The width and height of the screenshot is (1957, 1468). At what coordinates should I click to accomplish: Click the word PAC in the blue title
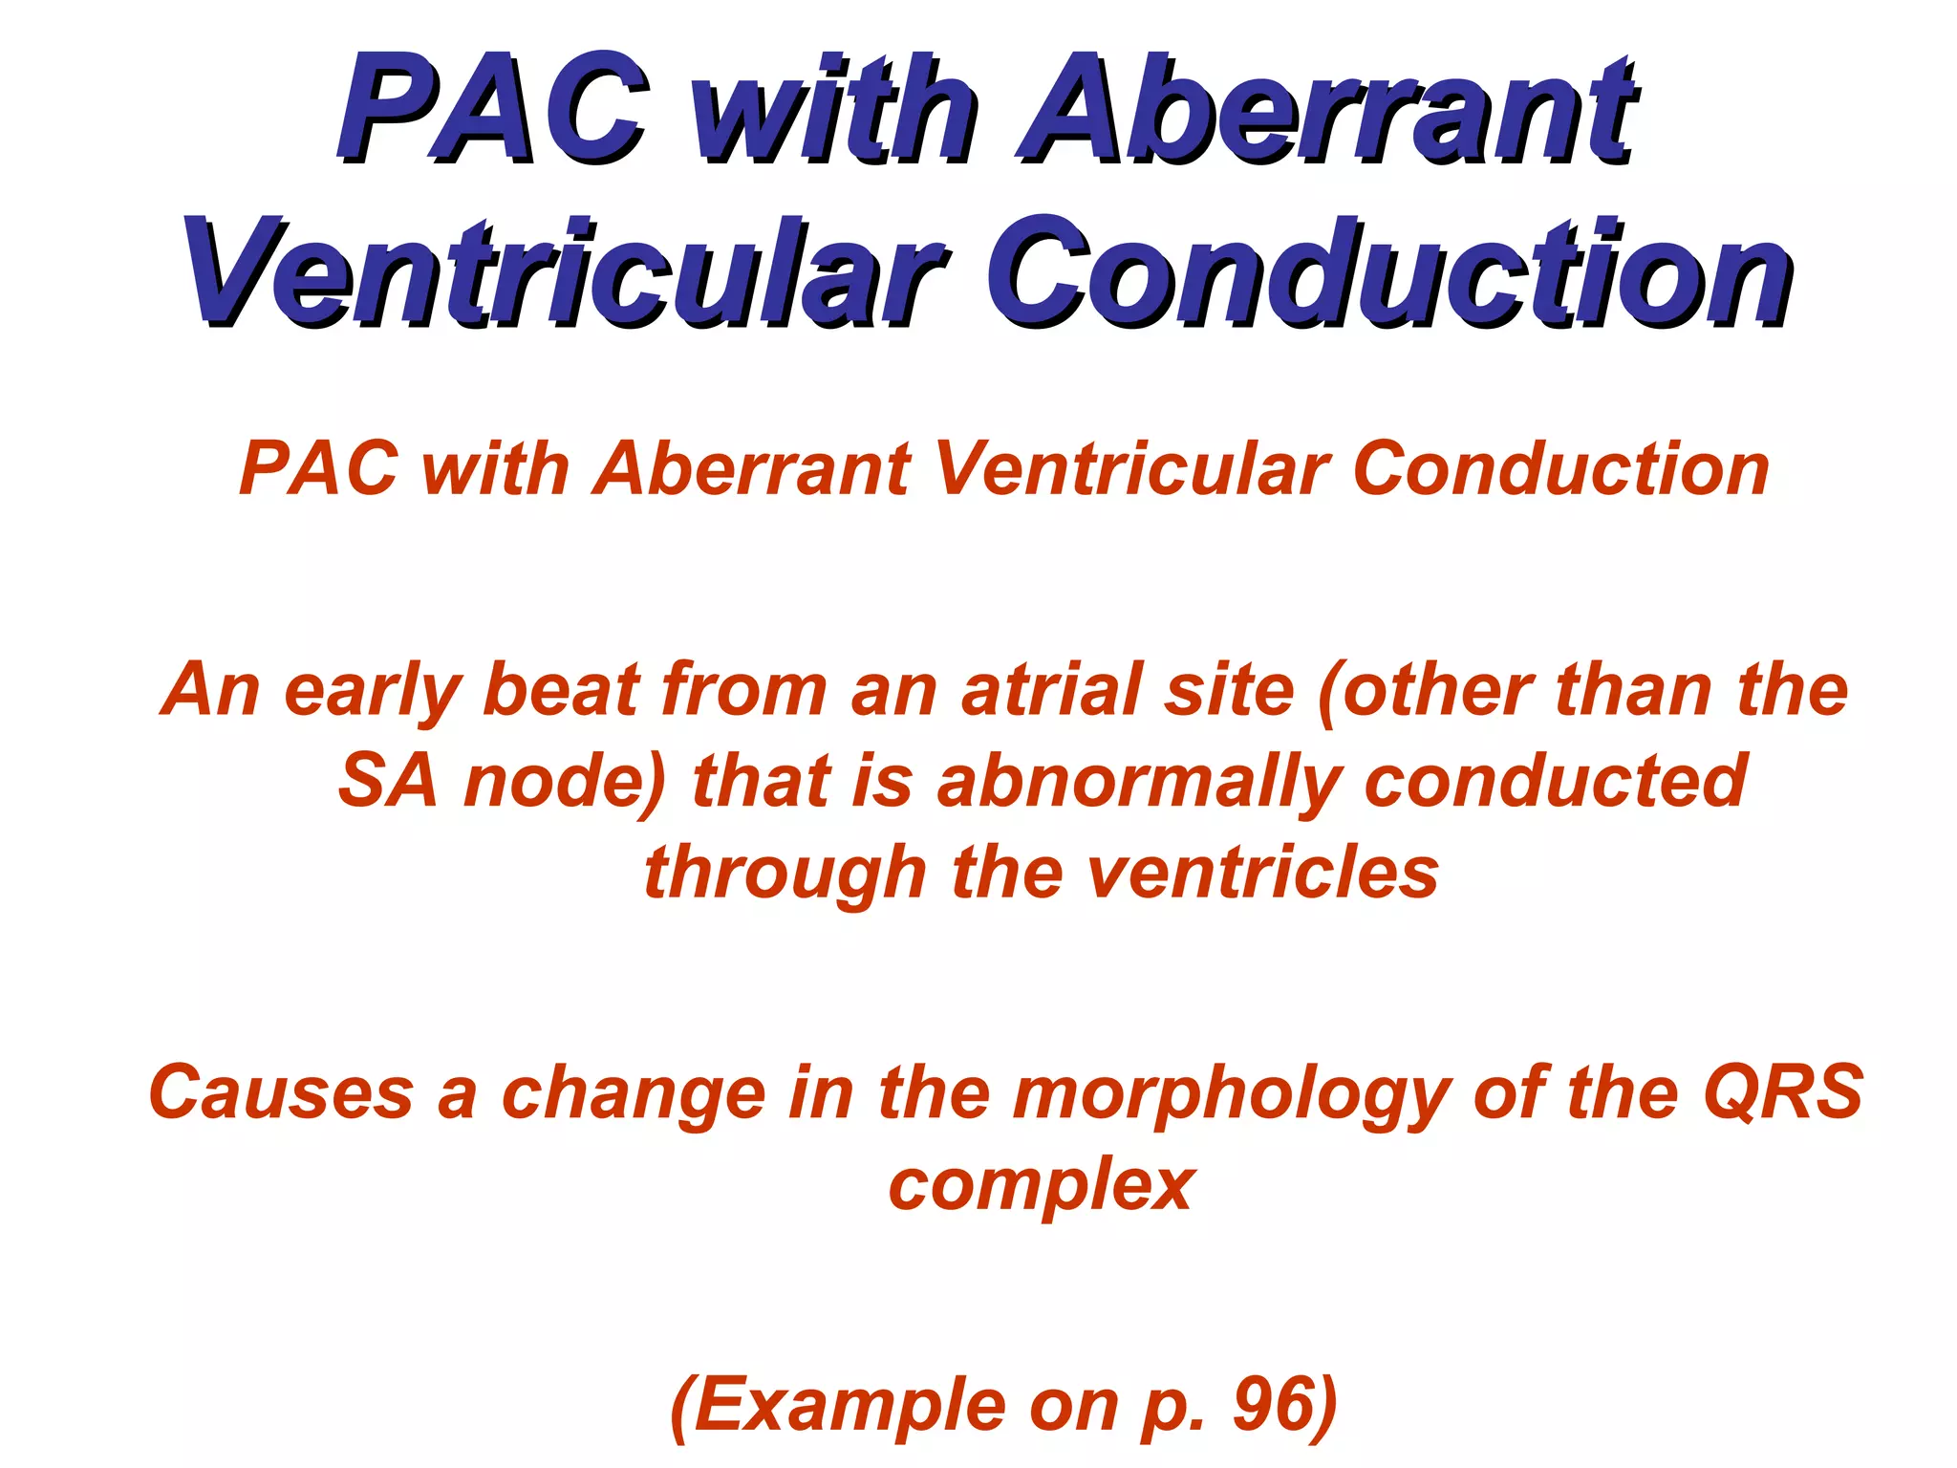(x=492, y=107)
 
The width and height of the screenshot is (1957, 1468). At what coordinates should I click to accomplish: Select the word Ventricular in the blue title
(x=564, y=272)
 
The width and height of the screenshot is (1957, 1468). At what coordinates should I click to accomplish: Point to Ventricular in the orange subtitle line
(x=1132, y=469)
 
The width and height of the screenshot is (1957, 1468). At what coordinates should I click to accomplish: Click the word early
(x=374, y=691)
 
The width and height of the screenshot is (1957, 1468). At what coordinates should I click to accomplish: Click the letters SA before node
(x=388, y=781)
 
